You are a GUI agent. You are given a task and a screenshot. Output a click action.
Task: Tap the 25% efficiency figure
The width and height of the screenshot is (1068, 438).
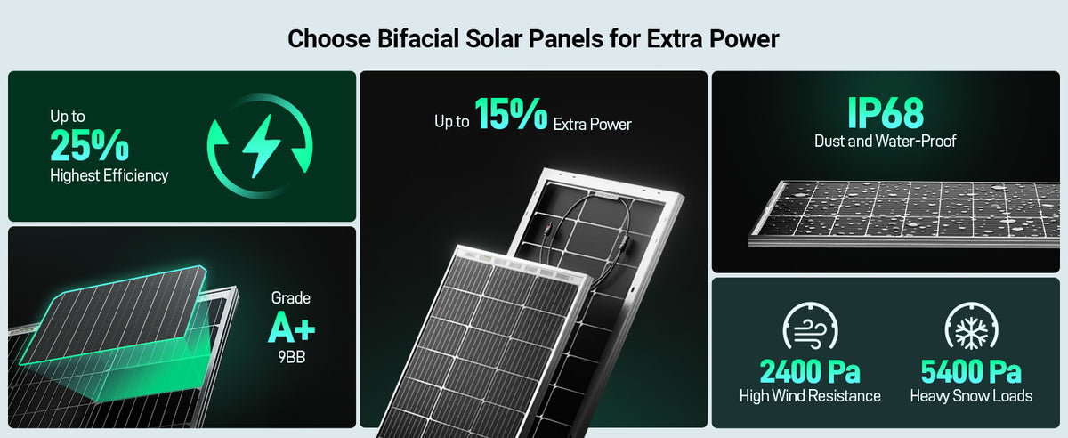tap(90, 145)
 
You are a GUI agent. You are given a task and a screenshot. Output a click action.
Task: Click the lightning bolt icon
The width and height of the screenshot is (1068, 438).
tap(262, 146)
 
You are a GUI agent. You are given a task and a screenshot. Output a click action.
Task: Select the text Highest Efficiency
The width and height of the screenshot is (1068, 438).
tap(109, 175)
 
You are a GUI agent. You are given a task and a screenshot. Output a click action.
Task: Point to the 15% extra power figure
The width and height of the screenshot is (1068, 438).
tap(511, 114)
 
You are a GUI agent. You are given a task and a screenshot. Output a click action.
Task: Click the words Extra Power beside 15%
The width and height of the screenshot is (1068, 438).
tap(592, 125)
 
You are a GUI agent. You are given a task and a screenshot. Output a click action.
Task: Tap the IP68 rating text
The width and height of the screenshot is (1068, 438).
tap(886, 113)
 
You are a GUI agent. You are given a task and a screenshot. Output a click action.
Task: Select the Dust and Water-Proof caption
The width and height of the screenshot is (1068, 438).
tap(886, 141)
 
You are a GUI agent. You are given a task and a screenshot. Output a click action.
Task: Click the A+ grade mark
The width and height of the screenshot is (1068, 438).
tap(291, 327)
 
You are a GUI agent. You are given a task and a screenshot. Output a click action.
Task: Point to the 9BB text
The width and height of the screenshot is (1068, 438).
tap(291, 357)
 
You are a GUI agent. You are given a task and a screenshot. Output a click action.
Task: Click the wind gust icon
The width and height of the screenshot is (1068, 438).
tap(810, 326)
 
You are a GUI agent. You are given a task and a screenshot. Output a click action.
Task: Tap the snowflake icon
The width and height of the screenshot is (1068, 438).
tap(971, 326)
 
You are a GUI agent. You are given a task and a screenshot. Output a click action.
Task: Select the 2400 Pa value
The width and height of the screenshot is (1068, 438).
tap(810, 371)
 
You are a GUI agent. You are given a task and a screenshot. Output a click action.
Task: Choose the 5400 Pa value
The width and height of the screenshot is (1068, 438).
tap(971, 371)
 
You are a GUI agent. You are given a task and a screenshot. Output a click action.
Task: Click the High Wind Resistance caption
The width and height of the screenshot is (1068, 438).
tap(810, 396)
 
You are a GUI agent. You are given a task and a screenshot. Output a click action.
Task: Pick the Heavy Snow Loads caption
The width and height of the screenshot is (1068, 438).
tap(971, 396)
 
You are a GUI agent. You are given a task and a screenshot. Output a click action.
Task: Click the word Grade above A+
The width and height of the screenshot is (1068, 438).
tap(291, 298)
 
